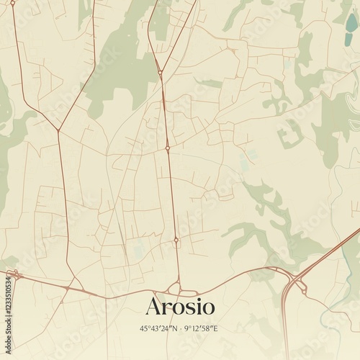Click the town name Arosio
click(x=180, y=306)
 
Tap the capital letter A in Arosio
click(x=153, y=306)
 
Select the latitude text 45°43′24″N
click(x=158, y=329)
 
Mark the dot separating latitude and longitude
click(x=180, y=329)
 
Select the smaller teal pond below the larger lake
click(x=344, y=42)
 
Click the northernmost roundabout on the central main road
click(x=159, y=72)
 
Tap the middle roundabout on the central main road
click(x=167, y=148)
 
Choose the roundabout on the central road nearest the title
click(x=176, y=240)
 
